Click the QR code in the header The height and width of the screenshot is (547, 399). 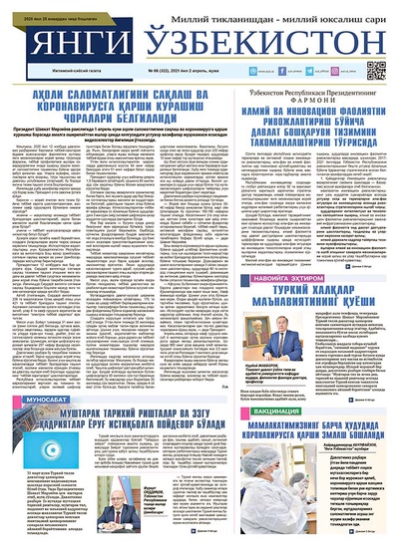pyautogui.click(x=376, y=71)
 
